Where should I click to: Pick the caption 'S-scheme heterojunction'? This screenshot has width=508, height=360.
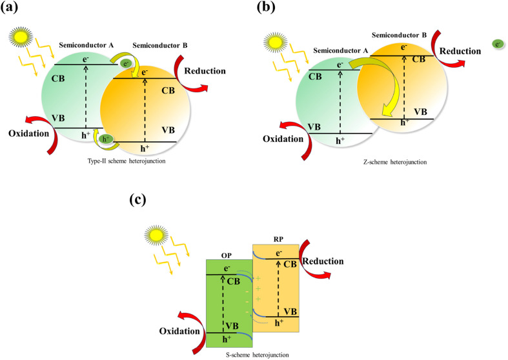[253, 354]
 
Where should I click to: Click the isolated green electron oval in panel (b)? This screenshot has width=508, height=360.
[497, 44]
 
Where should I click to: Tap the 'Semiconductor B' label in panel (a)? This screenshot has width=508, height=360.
[157, 46]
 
